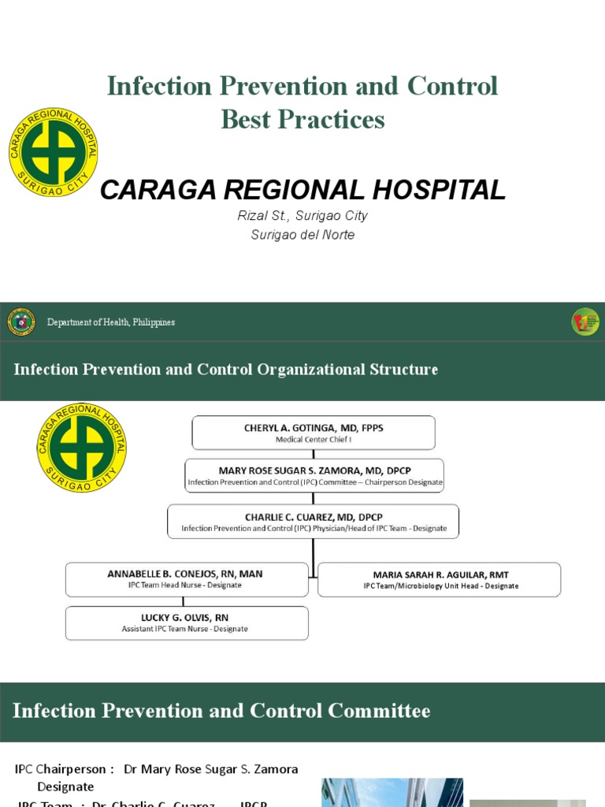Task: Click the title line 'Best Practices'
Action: pyautogui.click(x=302, y=120)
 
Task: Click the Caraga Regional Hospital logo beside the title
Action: pyautogui.click(x=53, y=152)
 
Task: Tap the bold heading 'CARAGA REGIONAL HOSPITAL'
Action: pyautogui.click(x=303, y=190)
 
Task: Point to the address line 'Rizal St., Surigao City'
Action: pyautogui.click(x=303, y=216)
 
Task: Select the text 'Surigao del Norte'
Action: pyautogui.click(x=303, y=235)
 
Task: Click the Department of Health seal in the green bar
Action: pyautogui.click(x=21, y=322)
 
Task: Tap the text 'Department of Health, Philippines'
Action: pyautogui.click(x=111, y=322)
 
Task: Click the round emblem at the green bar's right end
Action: pyautogui.click(x=585, y=322)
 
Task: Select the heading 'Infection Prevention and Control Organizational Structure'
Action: pyautogui.click(x=226, y=370)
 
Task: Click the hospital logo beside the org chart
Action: pyautogui.click(x=81, y=448)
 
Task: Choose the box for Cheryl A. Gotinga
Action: pyautogui.click(x=314, y=433)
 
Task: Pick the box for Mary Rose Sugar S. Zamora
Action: pyautogui.click(x=314, y=475)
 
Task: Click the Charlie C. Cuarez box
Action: pyautogui.click(x=314, y=521)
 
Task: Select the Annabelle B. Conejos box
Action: pyautogui.click(x=187, y=579)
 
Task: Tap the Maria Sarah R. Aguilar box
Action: pyautogui.click(x=440, y=579)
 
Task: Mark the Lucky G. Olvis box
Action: pyautogui.click(x=187, y=623)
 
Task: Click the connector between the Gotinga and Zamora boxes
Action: pyautogui.click(x=314, y=454)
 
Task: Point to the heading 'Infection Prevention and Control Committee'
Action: pyautogui.click(x=221, y=712)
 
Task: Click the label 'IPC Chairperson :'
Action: pyautogui.click(x=65, y=769)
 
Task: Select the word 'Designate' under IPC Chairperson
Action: pyautogui.click(x=65, y=787)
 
